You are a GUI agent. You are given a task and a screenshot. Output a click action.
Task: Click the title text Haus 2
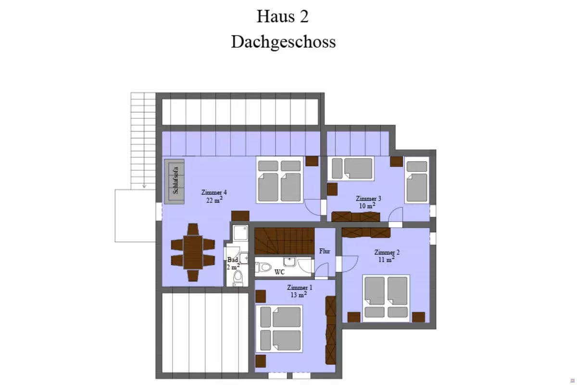pos(283,16)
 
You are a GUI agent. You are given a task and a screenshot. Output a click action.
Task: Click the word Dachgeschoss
pos(283,42)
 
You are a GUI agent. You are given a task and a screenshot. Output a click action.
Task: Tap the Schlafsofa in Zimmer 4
pos(175,181)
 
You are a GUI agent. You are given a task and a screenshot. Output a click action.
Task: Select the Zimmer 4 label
pos(214,192)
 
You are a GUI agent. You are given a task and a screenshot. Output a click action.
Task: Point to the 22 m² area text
pos(214,200)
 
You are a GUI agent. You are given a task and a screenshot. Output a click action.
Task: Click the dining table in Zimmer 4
pos(193,253)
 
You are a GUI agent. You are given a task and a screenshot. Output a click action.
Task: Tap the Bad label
pos(232,260)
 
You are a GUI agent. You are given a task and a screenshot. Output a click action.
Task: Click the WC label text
pos(279,272)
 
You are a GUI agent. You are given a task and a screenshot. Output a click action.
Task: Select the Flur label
pos(325,251)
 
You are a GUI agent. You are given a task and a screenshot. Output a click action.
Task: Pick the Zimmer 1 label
pos(300,287)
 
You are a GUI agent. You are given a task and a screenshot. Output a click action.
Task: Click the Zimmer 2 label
pos(387,252)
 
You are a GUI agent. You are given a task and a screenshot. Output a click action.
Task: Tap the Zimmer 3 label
pos(368,199)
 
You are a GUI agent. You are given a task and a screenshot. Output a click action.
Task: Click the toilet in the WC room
pos(263,267)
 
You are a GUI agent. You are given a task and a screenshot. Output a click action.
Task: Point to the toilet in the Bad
pos(238,279)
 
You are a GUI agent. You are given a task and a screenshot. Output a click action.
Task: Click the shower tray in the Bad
pos(240,233)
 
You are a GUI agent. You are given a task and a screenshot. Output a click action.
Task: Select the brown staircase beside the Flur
pos(284,241)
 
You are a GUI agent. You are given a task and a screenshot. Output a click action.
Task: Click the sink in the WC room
pos(290,261)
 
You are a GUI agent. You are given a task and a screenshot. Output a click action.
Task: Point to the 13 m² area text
pos(299,295)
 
